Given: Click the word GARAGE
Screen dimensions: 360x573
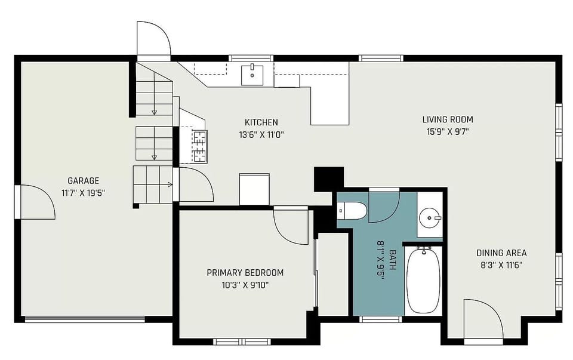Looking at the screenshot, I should click(83, 180).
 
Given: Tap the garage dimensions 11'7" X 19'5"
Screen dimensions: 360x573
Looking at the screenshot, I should click(83, 192).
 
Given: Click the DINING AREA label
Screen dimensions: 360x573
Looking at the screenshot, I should click(501, 253).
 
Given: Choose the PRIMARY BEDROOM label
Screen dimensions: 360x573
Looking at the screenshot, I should click(245, 273).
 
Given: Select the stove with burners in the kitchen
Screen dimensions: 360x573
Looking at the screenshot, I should click(199, 146).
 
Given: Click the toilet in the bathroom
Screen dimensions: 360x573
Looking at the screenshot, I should click(352, 210).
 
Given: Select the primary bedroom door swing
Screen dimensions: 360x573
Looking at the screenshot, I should click(291, 226).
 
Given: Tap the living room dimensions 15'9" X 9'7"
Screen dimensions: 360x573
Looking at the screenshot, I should click(447, 131).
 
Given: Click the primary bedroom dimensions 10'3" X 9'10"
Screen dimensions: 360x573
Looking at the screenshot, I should click(245, 285).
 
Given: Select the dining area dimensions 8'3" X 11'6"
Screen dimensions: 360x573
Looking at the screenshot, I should click(501, 265).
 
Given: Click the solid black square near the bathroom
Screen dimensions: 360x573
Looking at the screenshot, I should click(329, 179).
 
